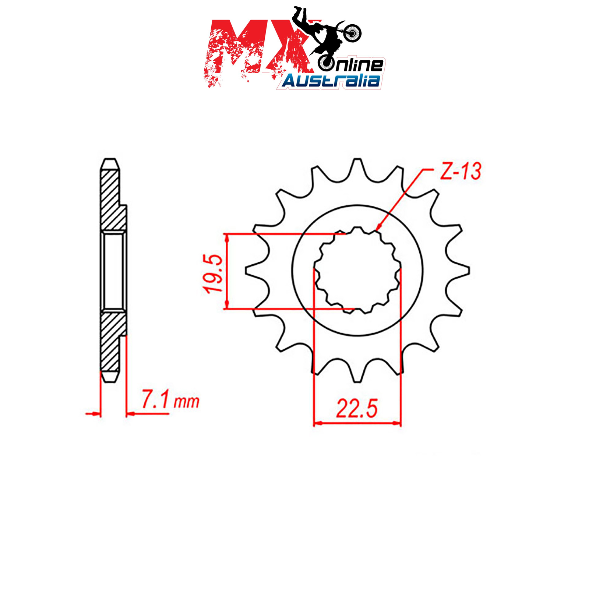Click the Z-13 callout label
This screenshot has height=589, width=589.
(x=461, y=172)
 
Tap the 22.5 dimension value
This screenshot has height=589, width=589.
(x=357, y=409)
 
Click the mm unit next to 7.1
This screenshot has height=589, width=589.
(x=186, y=402)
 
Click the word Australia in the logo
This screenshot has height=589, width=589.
(x=331, y=81)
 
